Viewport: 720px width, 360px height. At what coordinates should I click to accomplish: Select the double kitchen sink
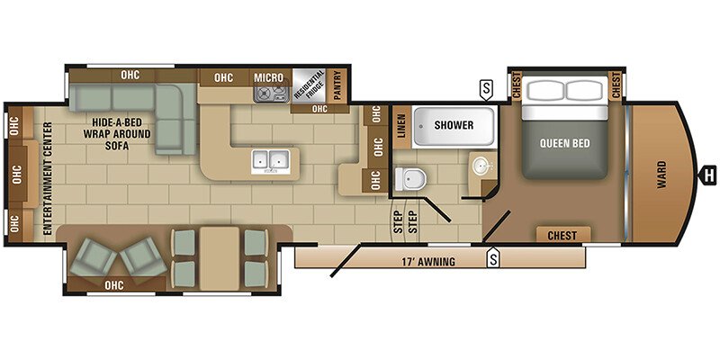(x=270, y=161)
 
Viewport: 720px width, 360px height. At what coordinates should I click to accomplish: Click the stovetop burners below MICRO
(x=272, y=94)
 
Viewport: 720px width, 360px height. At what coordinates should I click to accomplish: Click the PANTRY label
(x=337, y=85)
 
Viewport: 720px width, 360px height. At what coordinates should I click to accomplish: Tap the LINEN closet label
(x=401, y=126)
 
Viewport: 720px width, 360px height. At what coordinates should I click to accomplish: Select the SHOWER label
(x=454, y=125)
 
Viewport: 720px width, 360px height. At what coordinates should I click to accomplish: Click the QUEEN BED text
(x=565, y=143)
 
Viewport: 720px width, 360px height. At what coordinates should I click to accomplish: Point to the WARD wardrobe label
(x=661, y=175)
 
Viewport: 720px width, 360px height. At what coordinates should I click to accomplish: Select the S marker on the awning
(x=493, y=257)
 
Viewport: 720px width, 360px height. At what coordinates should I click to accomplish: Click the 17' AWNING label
(x=425, y=262)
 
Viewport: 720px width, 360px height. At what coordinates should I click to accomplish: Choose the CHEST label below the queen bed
(x=562, y=236)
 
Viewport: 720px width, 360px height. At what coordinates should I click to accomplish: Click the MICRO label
(x=268, y=77)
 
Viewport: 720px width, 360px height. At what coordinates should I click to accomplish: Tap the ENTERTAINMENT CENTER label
(x=49, y=178)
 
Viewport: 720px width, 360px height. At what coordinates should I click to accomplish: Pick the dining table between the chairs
(x=220, y=258)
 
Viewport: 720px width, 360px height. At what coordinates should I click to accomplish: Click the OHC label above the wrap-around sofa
(x=130, y=75)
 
